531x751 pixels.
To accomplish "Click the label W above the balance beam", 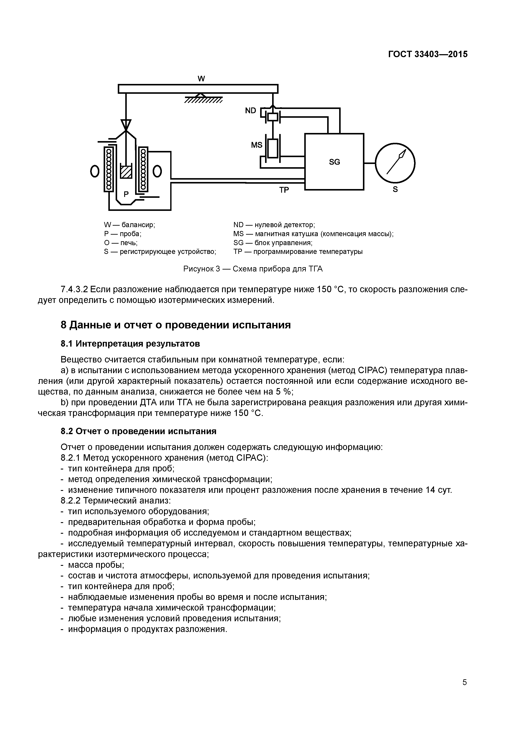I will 201,79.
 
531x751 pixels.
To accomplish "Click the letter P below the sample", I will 126,195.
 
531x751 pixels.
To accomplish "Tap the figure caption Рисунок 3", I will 253,269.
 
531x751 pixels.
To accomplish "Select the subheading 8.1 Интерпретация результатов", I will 130,344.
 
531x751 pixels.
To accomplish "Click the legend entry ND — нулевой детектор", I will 274,225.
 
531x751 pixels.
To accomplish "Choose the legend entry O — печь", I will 121,243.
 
